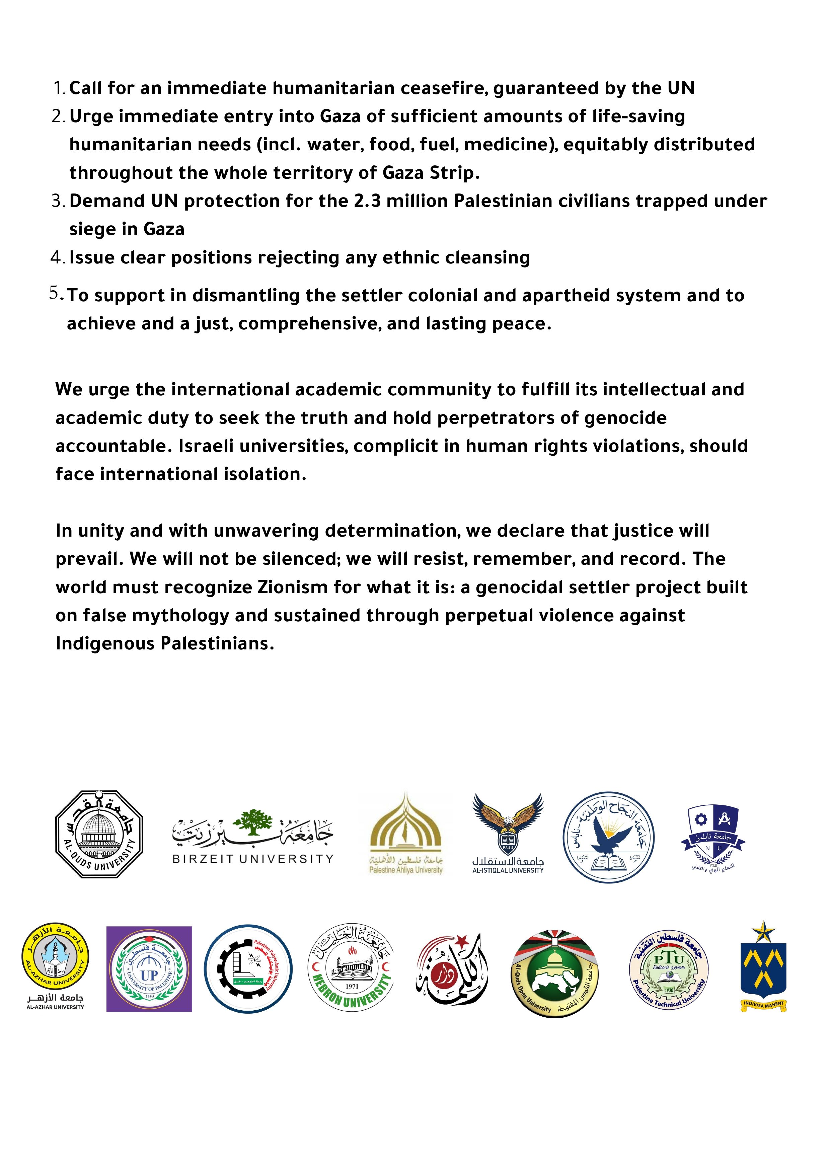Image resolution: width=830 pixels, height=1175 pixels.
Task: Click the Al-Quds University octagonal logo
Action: click(x=99, y=835)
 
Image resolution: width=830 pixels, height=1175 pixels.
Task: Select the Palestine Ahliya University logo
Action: click(x=406, y=835)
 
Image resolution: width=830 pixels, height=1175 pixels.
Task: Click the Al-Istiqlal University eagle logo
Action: click(x=508, y=833)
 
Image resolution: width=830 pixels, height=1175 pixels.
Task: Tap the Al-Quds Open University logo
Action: click(x=555, y=970)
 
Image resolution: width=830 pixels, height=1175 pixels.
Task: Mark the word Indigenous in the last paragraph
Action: click(x=105, y=643)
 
